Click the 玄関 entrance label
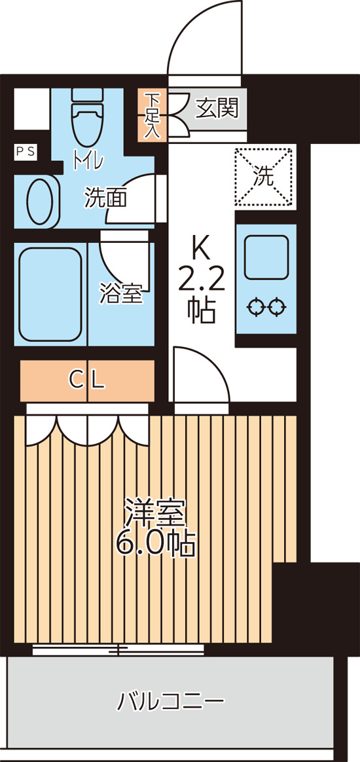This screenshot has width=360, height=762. (x=216, y=107)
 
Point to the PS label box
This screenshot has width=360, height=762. (x=26, y=151)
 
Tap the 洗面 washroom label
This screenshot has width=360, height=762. (x=105, y=198)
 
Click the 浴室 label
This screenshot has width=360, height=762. (x=121, y=293)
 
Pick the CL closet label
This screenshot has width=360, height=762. (x=87, y=380)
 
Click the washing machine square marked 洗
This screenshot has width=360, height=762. (x=264, y=175)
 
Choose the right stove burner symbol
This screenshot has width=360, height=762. (x=277, y=306)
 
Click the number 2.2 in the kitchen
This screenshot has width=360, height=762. (x=202, y=280)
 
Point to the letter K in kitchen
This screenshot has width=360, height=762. (x=202, y=249)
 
